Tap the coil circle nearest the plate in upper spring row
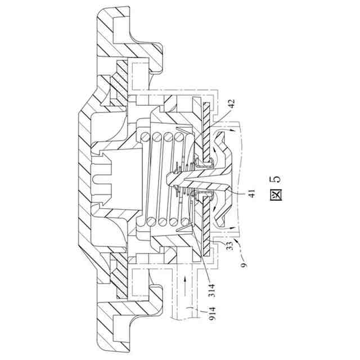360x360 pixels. point(181,137)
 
